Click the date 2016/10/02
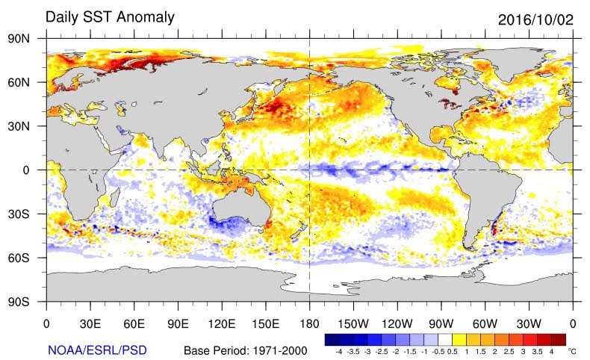pyautogui.click(x=534, y=19)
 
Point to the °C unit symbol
pyautogui.click(x=572, y=350)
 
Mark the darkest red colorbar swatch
pyautogui.click(x=559, y=338)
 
